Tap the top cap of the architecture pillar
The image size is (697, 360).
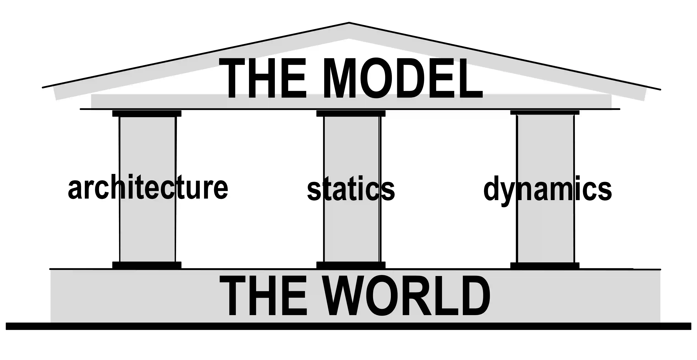pyautogui.click(x=147, y=113)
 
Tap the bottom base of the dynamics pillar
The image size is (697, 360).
pyautogui.click(x=545, y=265)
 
